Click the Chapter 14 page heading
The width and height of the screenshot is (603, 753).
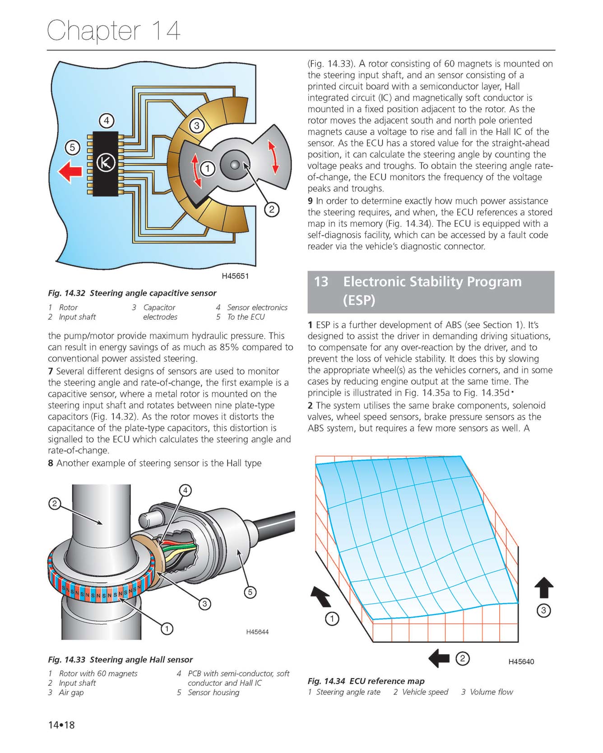114,31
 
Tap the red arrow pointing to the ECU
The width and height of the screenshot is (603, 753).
71,172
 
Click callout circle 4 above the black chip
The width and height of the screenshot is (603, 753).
107,121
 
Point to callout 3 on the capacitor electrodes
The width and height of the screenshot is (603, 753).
196,126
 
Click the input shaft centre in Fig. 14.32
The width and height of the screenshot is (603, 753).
235,165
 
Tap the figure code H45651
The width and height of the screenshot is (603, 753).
235,276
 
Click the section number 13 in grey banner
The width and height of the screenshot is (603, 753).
321,282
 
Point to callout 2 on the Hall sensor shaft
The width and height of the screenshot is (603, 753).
55,504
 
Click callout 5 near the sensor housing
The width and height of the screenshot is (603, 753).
250,592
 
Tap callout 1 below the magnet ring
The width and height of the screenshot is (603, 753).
167,629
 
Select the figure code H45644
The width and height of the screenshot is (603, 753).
257,632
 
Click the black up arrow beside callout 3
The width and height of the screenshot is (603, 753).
544,588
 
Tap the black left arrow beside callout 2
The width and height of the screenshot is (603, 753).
439,658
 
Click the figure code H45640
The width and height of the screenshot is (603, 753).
521,662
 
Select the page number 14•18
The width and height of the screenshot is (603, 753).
61,725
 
